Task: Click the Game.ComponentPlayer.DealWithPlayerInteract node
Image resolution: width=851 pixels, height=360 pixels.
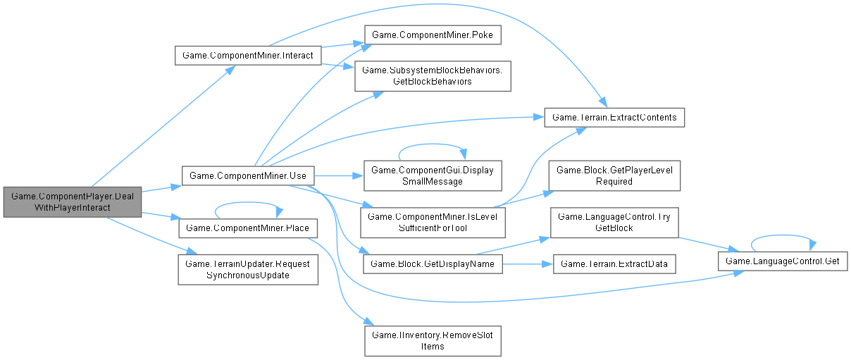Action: pyautogui.click(x=72, y=202)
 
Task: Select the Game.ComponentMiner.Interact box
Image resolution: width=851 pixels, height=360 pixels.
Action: pyautogui.click(x=249, y=55)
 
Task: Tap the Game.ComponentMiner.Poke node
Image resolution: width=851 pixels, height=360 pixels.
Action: pyautogui.click(x=431, y=35)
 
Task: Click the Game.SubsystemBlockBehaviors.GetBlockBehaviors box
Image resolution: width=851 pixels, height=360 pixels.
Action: pyautogui.click(x=433, y=75)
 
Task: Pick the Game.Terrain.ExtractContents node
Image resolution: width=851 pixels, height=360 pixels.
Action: pyautogui.click(x=614, y=117)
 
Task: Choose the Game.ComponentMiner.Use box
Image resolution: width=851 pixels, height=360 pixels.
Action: pyautogui.click(x=247, y=175)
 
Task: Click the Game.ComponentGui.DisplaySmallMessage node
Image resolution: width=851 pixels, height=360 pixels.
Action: pyautogui.click(x=433, y=175)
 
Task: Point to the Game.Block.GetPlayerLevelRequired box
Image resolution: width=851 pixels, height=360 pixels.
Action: pyautogui.click(x=614, y=175)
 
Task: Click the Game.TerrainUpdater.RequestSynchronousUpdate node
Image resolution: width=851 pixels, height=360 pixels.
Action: pyautogui.click(x=248, y=269)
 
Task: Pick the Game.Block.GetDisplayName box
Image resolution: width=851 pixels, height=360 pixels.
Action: pyautogui.click(x=433, y=263)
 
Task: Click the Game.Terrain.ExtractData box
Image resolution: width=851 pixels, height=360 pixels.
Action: pyautogui.click(x=614, y=263)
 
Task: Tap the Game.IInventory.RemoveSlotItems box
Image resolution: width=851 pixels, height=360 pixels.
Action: pyautogui.click(x=433, y=340)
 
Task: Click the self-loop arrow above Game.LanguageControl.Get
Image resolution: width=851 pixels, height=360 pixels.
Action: pyautogui.click(x=781, y=237)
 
